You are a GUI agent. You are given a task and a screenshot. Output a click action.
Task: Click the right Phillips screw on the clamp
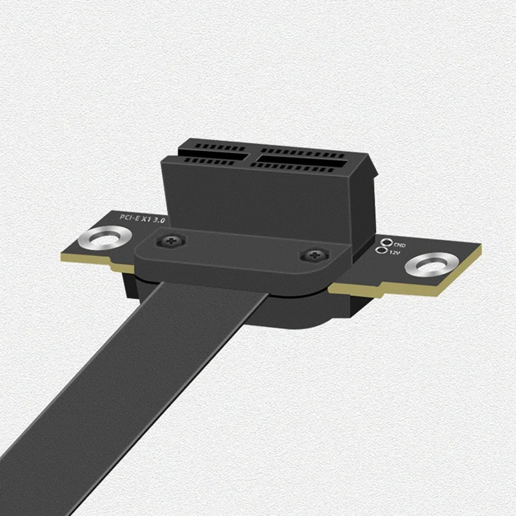click(313, 255)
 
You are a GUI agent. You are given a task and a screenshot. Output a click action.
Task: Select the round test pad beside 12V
click(384, 251)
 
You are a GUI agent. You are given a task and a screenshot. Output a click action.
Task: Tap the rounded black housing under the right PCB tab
click(322, 310)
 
